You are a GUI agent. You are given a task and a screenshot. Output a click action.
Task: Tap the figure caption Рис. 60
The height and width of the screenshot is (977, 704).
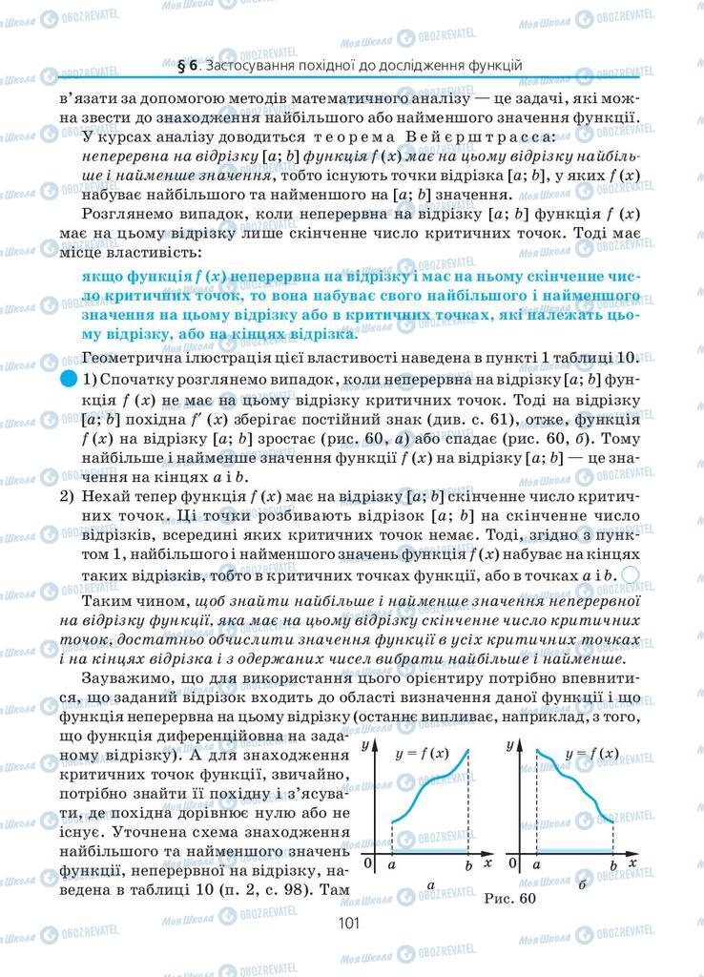(510, 898)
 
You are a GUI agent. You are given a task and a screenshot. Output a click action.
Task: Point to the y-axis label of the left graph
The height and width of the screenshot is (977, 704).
(367, 746)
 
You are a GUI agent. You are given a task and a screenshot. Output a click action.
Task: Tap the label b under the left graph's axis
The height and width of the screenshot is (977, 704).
(467, 864)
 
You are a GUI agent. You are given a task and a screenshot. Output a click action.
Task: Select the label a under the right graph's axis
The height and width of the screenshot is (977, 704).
(536, 864)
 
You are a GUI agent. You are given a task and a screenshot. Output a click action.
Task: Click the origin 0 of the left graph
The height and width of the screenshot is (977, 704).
(369, 864)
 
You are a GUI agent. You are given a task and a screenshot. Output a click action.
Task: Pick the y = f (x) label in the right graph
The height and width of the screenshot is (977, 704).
(591, 754)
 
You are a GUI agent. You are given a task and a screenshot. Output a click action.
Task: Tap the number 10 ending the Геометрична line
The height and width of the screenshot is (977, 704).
(625, 358)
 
